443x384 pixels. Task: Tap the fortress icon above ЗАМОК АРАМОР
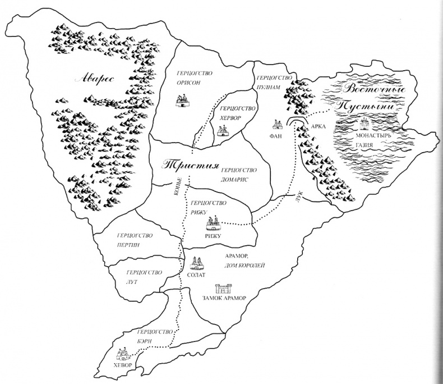224,289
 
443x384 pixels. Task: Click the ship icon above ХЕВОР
123,354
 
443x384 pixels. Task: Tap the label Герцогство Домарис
239,174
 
